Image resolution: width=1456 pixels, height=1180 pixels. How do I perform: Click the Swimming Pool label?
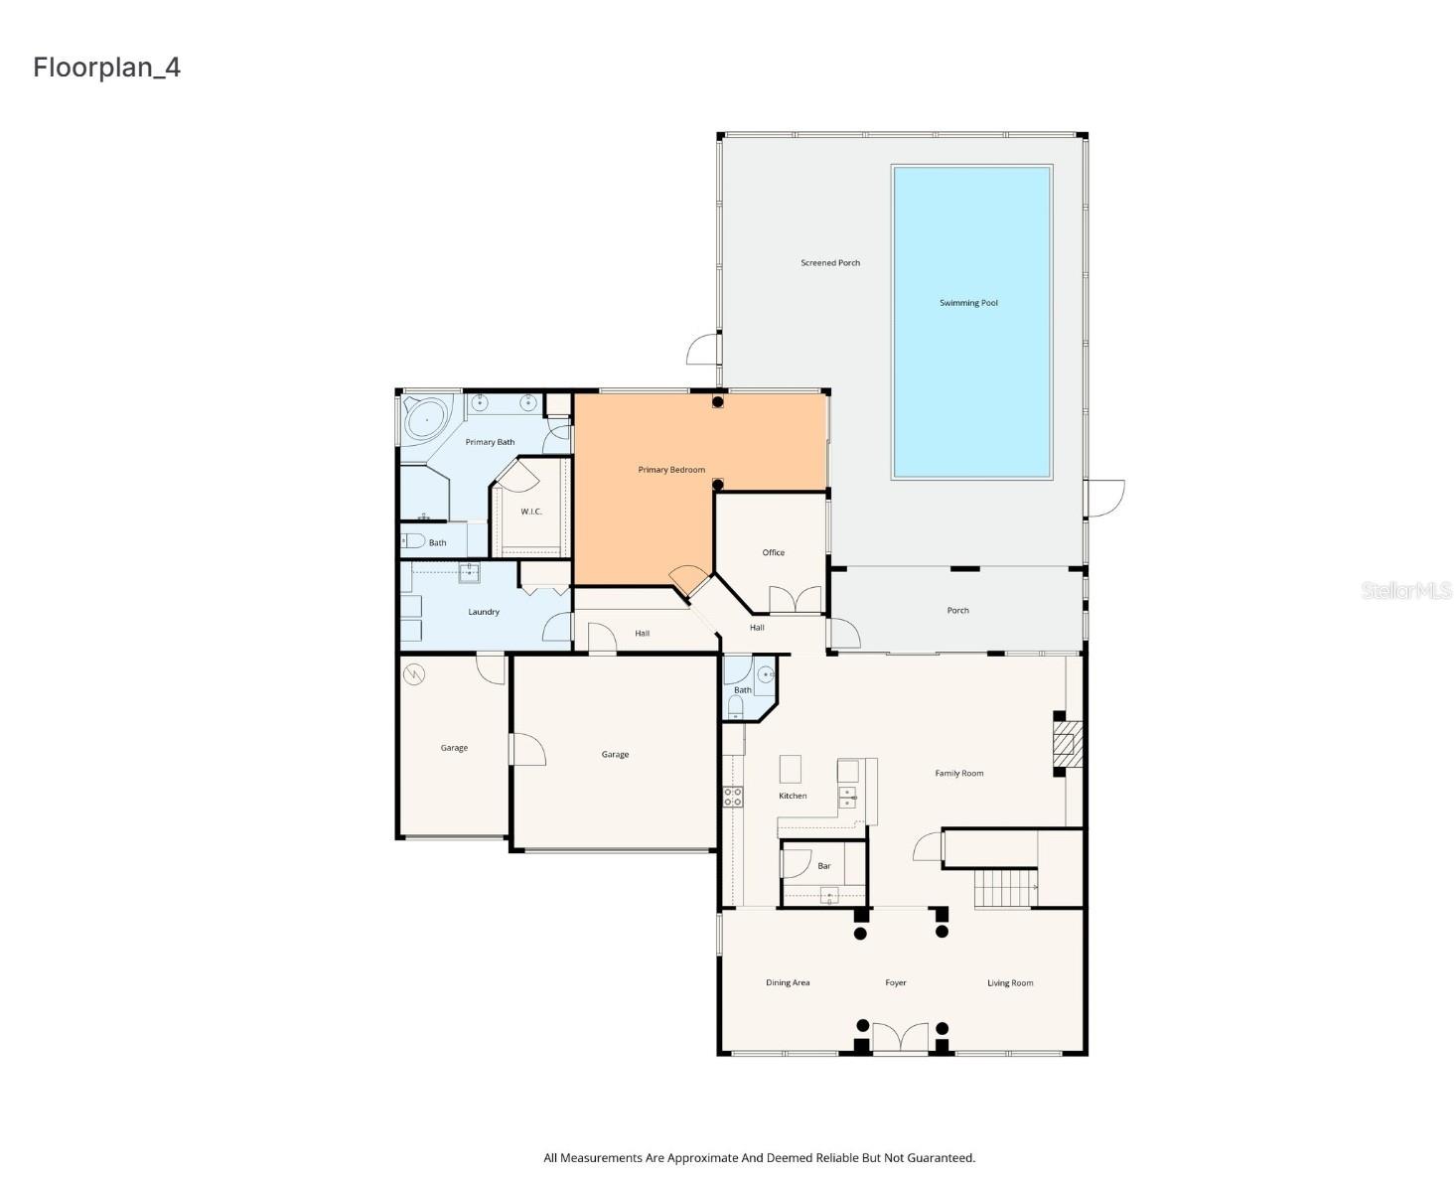968,303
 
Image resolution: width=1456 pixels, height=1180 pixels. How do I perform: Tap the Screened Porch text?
830,263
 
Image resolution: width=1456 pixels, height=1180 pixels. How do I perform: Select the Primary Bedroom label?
671,470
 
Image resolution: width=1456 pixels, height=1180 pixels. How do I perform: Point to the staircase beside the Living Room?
1005,887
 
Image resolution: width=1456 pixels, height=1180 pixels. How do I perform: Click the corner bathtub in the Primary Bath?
427,419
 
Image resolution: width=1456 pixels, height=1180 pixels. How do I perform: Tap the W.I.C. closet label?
531,512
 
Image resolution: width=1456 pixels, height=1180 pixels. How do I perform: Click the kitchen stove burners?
733,797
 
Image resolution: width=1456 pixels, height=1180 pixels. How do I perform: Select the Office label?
774,552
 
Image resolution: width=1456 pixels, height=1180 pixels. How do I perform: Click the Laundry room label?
484,612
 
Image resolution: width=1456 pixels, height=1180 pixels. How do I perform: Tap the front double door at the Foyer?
900,1038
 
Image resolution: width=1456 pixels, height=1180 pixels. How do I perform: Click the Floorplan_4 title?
107,67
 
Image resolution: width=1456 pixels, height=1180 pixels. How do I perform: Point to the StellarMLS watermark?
1405,591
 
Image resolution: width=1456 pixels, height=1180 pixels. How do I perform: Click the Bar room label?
824,866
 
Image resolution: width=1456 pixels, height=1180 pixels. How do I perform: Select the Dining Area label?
788,983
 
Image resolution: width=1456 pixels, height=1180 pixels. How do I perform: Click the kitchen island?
790,770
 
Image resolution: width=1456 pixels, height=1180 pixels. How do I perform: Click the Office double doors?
796,600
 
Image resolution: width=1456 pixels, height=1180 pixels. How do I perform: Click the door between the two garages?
526,749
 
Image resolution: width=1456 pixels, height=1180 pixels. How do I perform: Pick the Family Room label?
959,773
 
